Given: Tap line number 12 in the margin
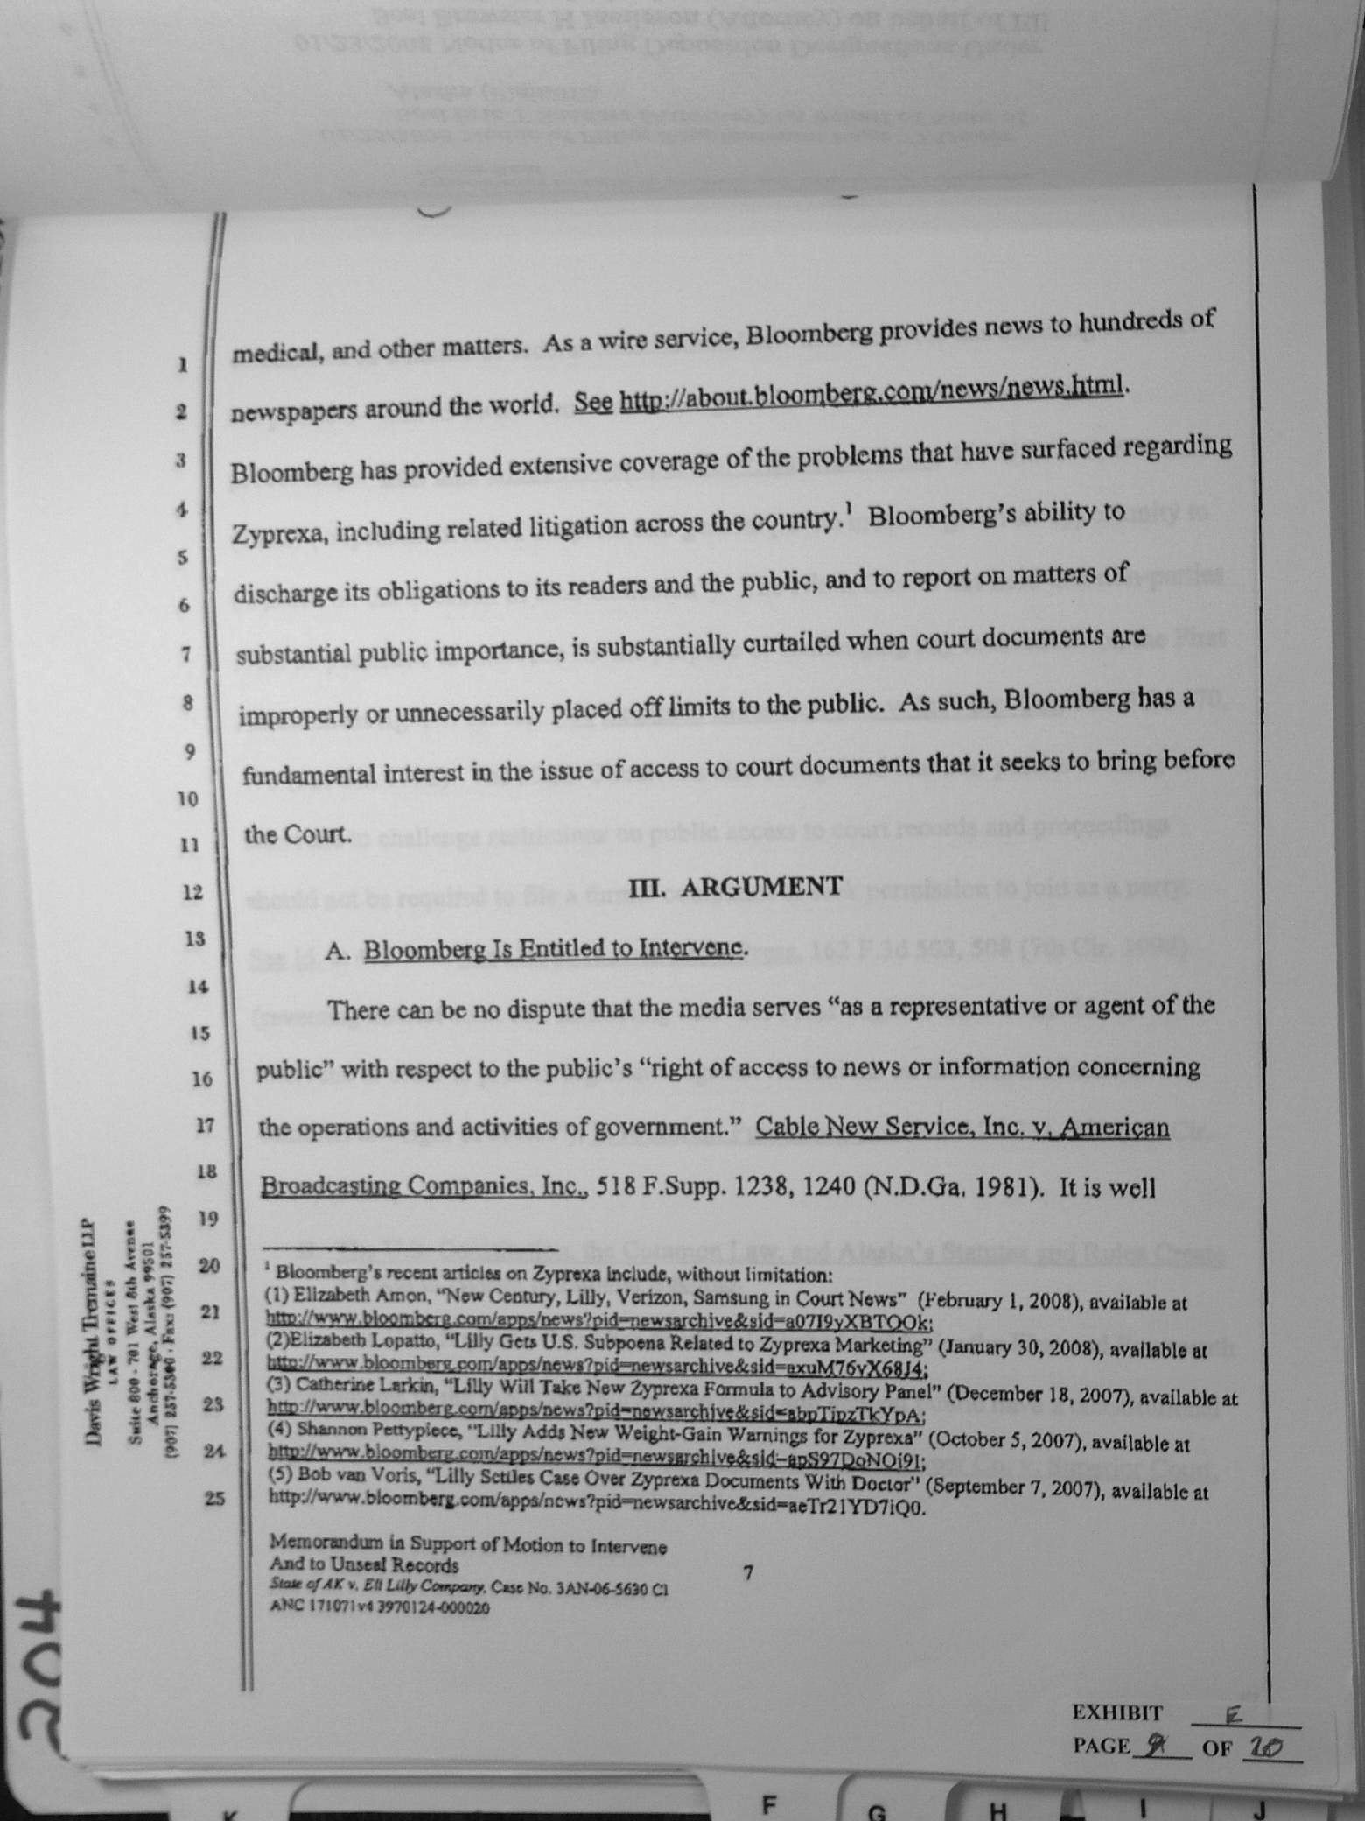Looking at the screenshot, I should click(193, 892).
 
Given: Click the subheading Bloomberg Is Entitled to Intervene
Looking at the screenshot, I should click(556, 948).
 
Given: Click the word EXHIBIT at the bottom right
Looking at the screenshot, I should click(1117, 1712).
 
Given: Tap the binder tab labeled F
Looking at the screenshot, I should click(769, 1803).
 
